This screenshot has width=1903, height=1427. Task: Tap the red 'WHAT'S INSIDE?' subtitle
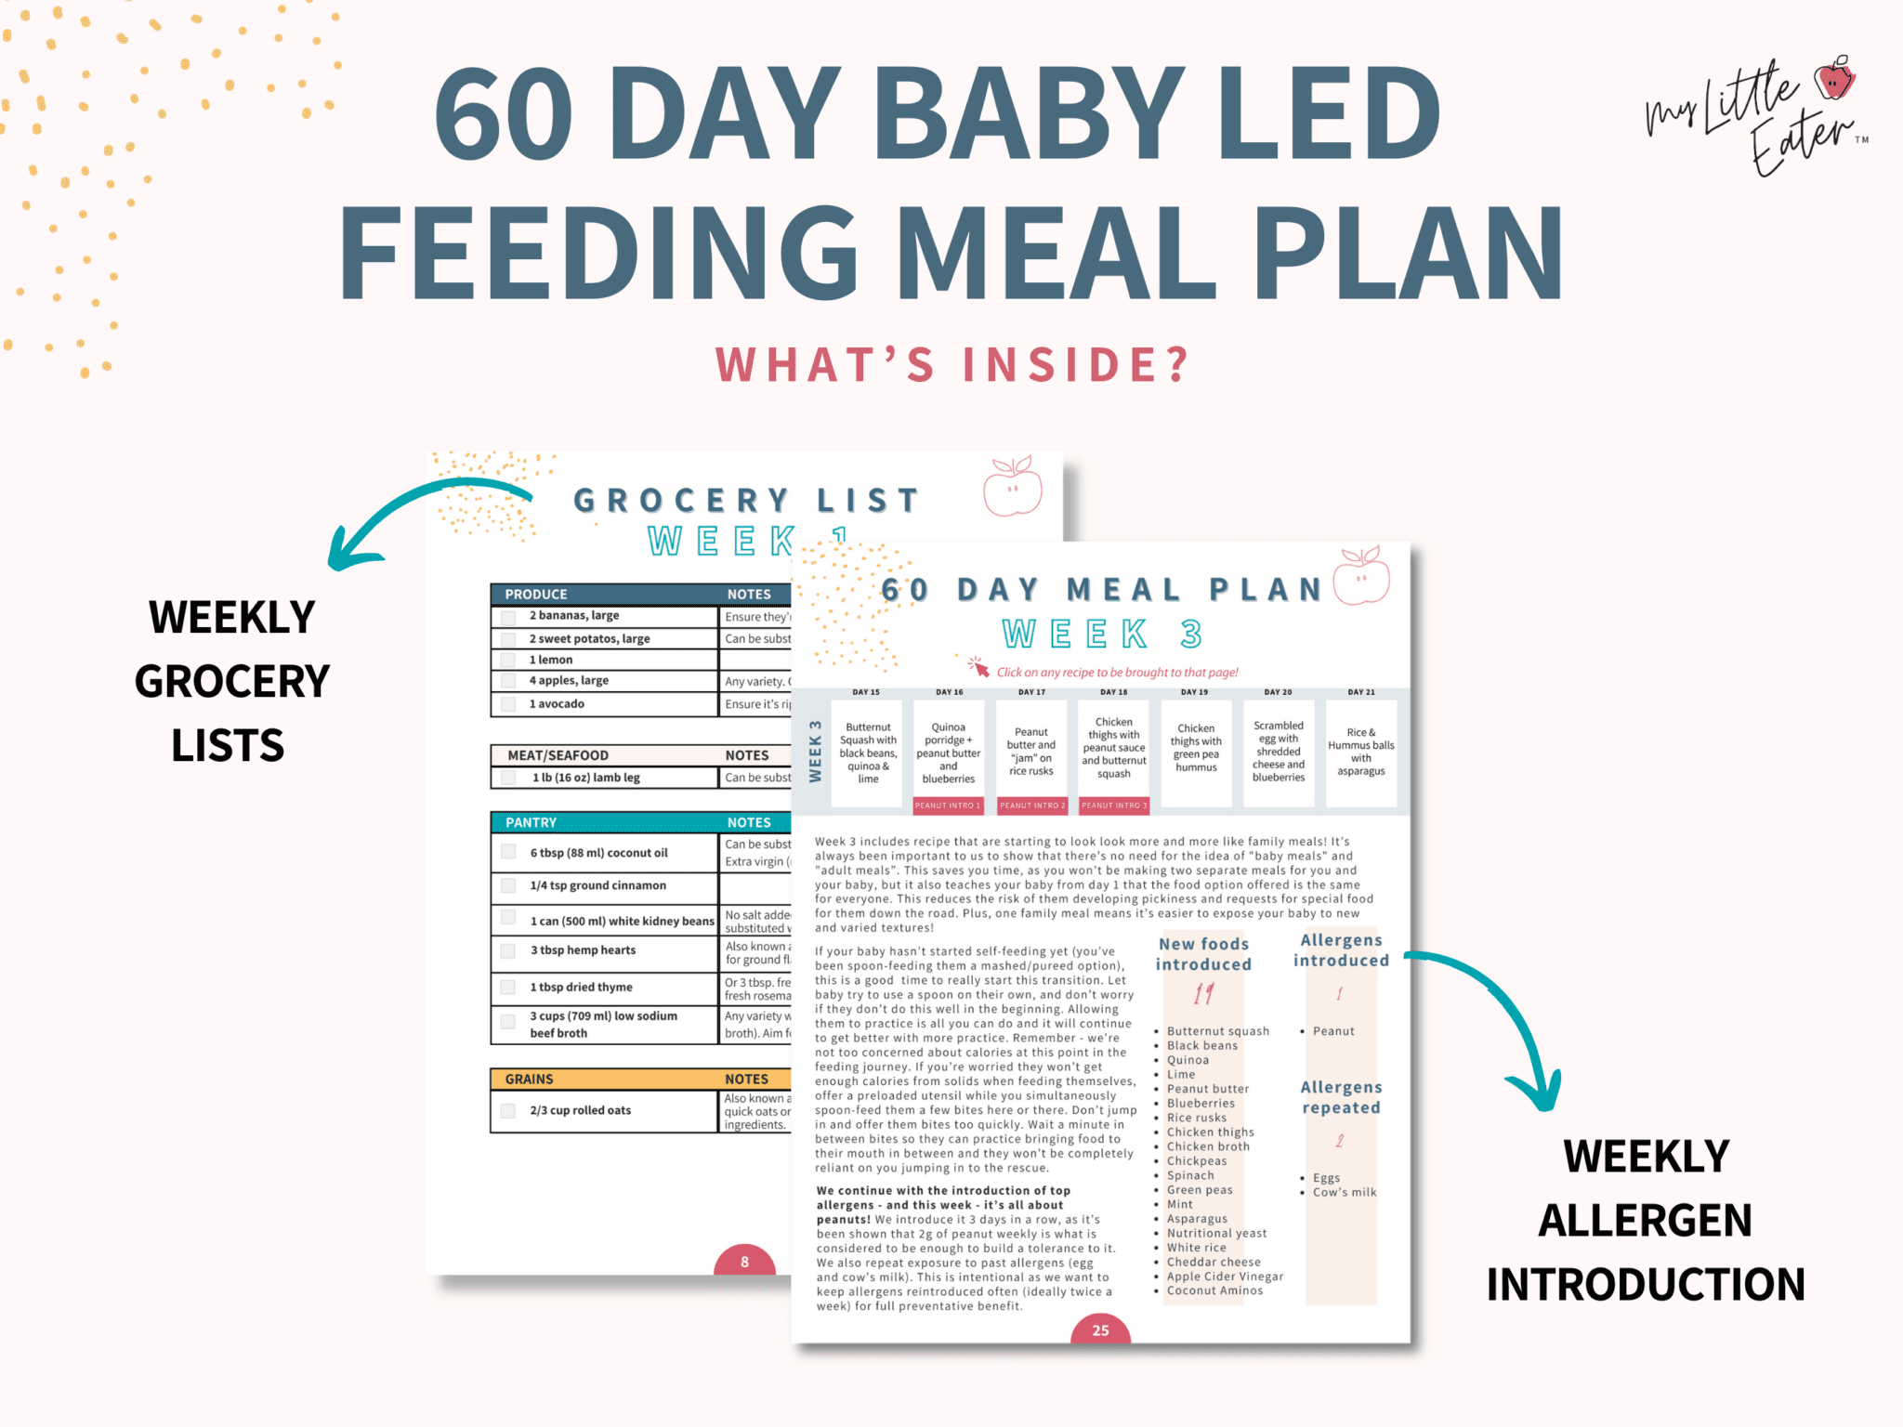[x=951, y=364]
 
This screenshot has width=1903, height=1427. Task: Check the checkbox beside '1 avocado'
[x=508, y=704]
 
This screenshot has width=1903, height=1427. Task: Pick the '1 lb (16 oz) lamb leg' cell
[x=586, y=778]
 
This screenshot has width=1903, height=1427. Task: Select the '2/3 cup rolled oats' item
[x=581, y=1110]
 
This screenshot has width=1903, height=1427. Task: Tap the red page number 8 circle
[x=744, y=1261]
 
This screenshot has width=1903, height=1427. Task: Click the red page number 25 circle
[x=1100, y=1329]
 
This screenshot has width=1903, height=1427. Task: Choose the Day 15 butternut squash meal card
[x=868, y=753]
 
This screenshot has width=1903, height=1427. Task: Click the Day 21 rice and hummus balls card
[x=1360, y=752]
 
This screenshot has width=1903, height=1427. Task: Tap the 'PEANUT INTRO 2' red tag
[x=1031, y=805]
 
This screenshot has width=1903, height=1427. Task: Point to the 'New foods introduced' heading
[x=1203, y=954]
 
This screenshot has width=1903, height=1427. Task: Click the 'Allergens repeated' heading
[x=1341, y=1097]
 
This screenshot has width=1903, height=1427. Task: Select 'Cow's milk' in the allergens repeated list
[x=1344, y=1192]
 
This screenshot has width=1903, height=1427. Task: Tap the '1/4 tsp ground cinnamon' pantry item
[x=597, y=885]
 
